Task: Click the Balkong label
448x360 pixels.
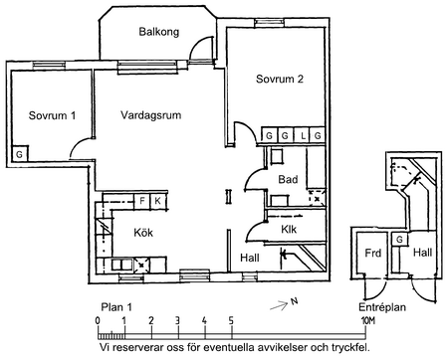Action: [x=159, y=32]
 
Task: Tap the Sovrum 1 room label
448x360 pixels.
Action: [x=52, y=115]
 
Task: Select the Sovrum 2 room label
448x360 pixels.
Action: [x=280, y=79]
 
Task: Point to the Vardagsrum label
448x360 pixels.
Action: [x=150, y=115]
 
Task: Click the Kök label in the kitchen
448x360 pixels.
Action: [x=143, y=233]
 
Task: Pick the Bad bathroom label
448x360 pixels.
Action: [x=288, y=179]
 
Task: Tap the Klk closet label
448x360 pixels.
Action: [x=289, y=229]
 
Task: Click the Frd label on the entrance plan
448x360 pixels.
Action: [x=372, y=253]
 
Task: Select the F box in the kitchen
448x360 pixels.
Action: [x=142, y=201]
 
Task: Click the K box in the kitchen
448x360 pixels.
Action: [x=158, y=201]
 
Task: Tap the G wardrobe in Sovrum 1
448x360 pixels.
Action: [x=20, y=154]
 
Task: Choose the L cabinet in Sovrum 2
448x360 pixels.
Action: [x=304, y=135]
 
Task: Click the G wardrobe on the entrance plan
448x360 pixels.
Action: [x=399, y=239]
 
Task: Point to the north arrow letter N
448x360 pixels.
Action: [x=294, y=301]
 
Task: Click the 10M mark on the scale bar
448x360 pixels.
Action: [x=367, y=320]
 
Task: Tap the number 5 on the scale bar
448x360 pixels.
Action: [x=231, y=320]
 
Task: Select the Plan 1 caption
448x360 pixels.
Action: [x=116, y=307]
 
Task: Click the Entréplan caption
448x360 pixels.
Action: [x=382, y=307]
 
